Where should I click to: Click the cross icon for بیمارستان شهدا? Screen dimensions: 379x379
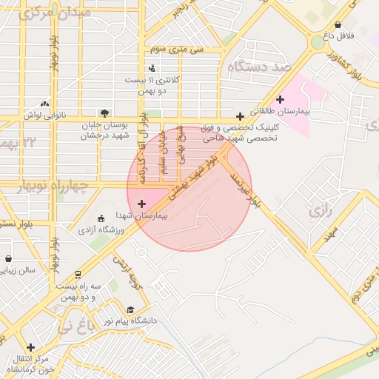(141, 202)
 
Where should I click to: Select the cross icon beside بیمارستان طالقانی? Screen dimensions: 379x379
(280, 99)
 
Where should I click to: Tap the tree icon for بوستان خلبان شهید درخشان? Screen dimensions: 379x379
(104, 113)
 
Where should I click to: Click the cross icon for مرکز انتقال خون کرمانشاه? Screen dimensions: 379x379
(30, 346)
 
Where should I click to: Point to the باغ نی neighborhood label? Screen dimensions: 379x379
(78, 326)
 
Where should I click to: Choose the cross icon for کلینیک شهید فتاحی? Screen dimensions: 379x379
(240, 116)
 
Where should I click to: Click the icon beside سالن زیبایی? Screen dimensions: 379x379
(8, 259)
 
